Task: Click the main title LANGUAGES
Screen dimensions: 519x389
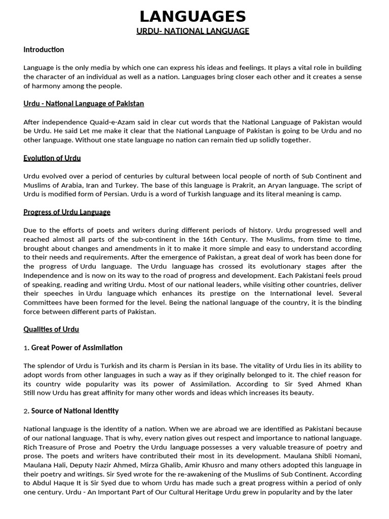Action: point(193,16)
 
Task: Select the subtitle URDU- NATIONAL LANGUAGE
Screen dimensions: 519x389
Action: point(193,31)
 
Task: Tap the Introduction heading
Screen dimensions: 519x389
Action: point(44,50)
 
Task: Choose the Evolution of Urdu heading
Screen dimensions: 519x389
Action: point(52,158)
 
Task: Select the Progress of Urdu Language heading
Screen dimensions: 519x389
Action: point(67,212)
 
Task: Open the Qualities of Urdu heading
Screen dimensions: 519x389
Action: point(51,329)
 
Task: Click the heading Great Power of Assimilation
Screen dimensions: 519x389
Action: point(77,348)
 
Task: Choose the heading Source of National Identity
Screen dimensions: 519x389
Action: point(75,411)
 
